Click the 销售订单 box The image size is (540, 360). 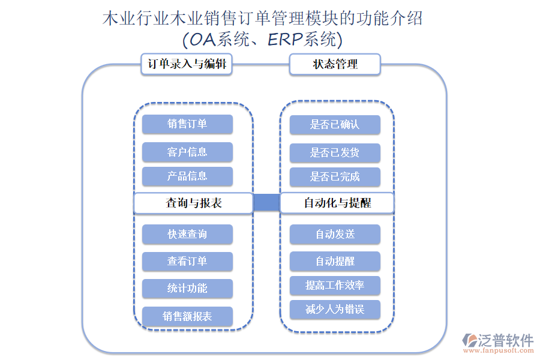(187, 124)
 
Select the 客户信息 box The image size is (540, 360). (187, 152)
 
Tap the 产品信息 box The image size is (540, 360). (187, 176)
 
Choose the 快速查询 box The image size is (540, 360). (187, 234)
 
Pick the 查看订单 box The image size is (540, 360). (187, 261)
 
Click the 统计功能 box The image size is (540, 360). (187, 288)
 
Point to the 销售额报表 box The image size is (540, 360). (187, 316)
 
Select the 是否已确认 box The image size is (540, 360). (335, 125)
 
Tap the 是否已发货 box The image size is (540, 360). (335, 152)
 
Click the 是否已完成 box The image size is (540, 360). (335, 177)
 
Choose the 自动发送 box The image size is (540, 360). (335, 234)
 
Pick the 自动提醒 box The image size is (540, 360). (335, 261)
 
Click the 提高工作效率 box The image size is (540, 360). (335, 285)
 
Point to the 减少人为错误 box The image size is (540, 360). (335, 310)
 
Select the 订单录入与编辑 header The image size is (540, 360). (187, 64)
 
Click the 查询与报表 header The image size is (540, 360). (193, 203)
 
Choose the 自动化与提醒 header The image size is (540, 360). (337, 203)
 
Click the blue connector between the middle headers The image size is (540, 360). (266, 203)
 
